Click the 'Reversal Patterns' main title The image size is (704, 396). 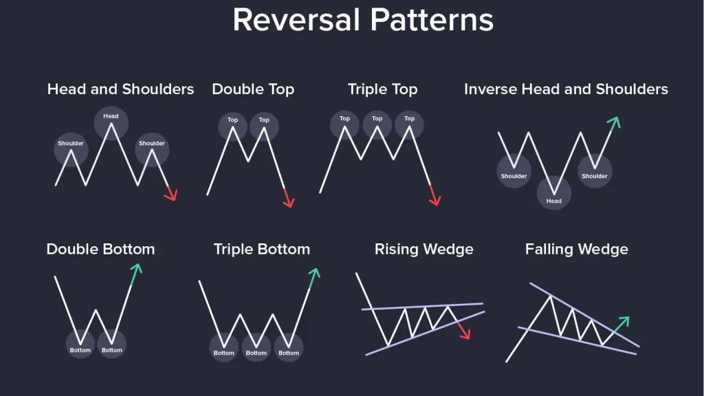pos(363,20)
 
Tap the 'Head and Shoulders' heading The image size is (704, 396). pos(120,89)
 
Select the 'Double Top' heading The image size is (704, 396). pos(253,89)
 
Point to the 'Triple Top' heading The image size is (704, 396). pos(382,89)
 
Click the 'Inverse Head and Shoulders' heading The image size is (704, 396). pos(566,89)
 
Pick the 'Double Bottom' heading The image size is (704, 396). pos(100,249)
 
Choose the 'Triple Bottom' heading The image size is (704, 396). pos(262,249)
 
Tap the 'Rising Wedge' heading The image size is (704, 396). pos(423,249)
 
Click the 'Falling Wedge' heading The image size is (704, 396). pos(577,249)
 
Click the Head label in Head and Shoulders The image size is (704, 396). pos(111,115)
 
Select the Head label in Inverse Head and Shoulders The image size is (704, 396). pos(553,201)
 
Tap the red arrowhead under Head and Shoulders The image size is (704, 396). pos(171,195)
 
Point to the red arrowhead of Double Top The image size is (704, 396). pos(289,201)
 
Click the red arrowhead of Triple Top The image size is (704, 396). pos(435,200)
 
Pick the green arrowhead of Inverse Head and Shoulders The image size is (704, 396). pos(614,122)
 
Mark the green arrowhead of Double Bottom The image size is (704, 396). pos(136,269)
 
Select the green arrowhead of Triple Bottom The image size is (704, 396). pos(314,274)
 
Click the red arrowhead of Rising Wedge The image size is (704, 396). pos(465,333)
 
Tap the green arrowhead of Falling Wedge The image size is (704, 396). pos(624,322)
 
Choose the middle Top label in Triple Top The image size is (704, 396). pos(377,118)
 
